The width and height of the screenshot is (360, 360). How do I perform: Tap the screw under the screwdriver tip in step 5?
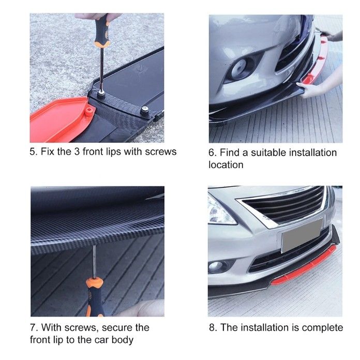100,93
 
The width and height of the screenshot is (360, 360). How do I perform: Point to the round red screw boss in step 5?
89,111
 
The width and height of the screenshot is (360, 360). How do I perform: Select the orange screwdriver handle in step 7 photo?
95,297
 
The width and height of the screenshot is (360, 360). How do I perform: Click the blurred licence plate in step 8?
302,235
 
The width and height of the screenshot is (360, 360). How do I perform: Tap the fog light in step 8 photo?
216,266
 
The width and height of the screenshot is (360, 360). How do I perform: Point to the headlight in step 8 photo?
220,211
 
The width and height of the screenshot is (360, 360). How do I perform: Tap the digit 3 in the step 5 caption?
77,152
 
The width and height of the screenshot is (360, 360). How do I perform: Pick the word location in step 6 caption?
226,165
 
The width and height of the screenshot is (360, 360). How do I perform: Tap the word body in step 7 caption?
123,340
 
